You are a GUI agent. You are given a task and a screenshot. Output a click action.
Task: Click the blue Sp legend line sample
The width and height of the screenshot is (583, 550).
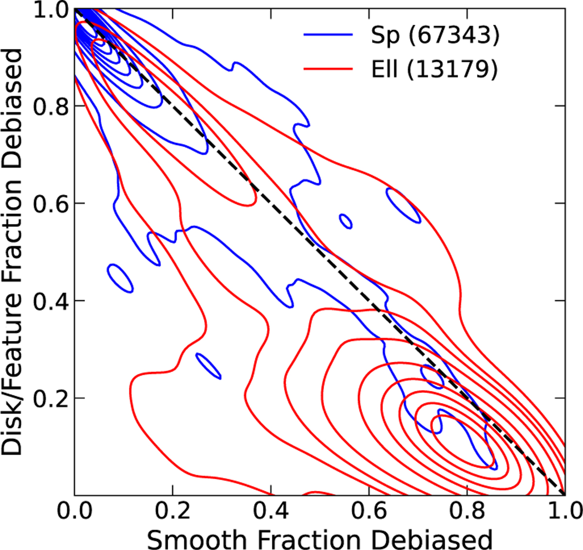pos(328,35)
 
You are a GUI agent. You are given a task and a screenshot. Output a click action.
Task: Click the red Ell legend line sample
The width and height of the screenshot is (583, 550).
pos(328,69)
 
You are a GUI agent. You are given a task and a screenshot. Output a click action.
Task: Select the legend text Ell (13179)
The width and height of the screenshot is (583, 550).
pos(434,70)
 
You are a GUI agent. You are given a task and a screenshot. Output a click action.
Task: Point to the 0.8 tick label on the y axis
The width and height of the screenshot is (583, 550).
pos(51,106)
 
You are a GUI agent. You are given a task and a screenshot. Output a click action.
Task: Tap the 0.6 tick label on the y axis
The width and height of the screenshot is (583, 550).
pos(51,204)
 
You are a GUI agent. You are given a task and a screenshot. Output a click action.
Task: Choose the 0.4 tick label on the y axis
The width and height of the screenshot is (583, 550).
pos(51,301)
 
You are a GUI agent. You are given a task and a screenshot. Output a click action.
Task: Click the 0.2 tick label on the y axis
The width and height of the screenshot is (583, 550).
pos(51,399)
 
